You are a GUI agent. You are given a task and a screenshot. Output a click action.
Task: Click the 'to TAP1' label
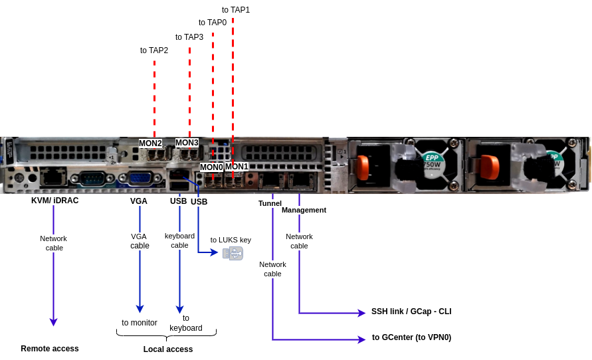tap(236, 10)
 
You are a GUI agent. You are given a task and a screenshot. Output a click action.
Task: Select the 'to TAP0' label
tap(213, 23)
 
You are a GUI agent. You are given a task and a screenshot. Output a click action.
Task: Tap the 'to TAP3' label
tap(189, 37)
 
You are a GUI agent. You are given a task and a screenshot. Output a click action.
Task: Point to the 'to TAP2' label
tap(154, 50)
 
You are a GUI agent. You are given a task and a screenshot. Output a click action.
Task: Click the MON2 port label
tap(150, 143)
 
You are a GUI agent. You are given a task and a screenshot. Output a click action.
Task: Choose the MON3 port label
tap(187, 142)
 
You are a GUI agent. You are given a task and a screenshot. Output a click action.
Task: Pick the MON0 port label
tap(211, 167)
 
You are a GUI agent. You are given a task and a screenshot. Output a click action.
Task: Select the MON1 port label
tap(237, 167)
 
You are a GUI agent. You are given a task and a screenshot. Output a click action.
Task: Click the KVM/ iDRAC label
tap(54, 200)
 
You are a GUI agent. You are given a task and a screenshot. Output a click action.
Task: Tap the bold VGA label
tap(139, 201)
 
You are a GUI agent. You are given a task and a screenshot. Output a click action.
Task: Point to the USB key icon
tap(233, 253)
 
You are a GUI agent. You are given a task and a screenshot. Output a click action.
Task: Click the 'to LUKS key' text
tap(231, 240)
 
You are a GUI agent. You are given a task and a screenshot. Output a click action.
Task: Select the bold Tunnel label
tap(270, 203)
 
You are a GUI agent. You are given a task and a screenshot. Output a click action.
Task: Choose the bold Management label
tap(304, 210)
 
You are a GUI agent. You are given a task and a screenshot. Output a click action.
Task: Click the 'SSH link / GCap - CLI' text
tap(411, 312)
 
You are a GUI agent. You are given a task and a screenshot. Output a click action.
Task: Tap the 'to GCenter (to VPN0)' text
tap(411, 337)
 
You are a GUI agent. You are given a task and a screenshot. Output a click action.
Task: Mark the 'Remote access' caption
tap(50, 349)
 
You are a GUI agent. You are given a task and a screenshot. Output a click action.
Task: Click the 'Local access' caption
tap(168, 349)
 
